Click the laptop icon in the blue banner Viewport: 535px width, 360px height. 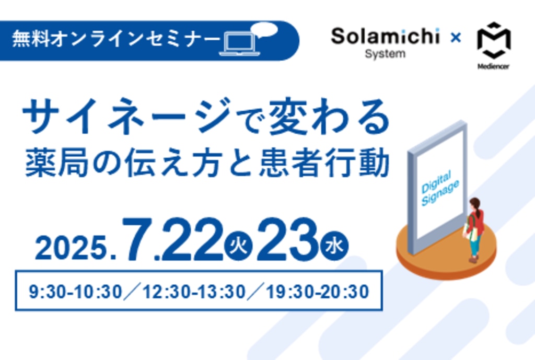coord(239,44)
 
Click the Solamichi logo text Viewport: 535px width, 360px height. coord(385,36)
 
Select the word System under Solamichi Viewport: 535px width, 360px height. coord(385,54)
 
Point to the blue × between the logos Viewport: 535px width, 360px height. coord(456,37)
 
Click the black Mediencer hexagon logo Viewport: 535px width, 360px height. coord(494,40)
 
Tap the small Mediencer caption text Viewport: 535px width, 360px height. coord(493,66)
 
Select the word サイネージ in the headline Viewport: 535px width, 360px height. coord(126,115)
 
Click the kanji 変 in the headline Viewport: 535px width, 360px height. coord(288,116)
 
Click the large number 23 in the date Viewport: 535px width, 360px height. coord(288,239)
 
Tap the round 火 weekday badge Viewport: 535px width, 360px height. coord(238,247)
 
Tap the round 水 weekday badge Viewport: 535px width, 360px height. coord(334,246)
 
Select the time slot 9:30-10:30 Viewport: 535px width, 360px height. coord(75,292)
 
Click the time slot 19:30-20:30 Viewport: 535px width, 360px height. coord(317,292)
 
